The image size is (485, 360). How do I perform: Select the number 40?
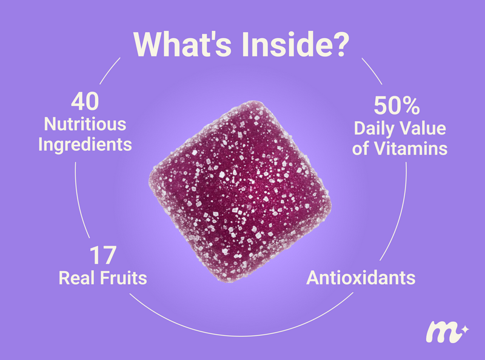(85, 101)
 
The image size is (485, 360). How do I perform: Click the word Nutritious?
(85, 124)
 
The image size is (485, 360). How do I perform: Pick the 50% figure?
(397, 105)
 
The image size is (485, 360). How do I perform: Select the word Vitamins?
(411, 148)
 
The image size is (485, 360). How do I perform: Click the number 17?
(103, 256)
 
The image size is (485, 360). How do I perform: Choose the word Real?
(77, 278)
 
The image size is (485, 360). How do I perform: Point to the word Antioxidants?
(361, 278)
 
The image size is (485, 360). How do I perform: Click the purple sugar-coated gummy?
(240, 192)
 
